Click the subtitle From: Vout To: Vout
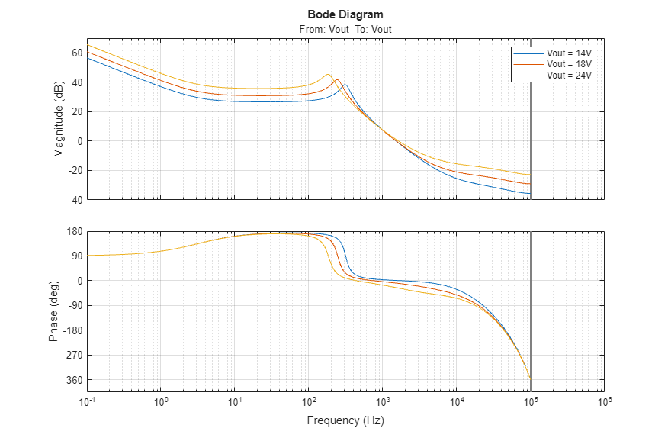click(x=345, y=30)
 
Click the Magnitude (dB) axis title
click(x=59, y=118)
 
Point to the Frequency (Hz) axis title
click(x=345, y=420)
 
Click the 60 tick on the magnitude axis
click(x=77, y=53)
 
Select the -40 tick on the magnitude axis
click(x=75, y=200)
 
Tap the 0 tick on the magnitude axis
click(x=79, y=141)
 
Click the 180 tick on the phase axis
click(x=75, y=231)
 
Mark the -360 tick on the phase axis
click(x=73, y=380)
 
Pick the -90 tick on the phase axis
click(x=75, y=306)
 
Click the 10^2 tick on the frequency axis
click(x=309, y=401)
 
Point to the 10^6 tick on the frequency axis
click(x=604, y=401)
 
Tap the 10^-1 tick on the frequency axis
click(x=88, y=401)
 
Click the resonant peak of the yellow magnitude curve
click(x=328, y=74)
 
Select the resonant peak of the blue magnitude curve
click(x=345, y=85)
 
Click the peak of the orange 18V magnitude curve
click(x=336, y=79)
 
